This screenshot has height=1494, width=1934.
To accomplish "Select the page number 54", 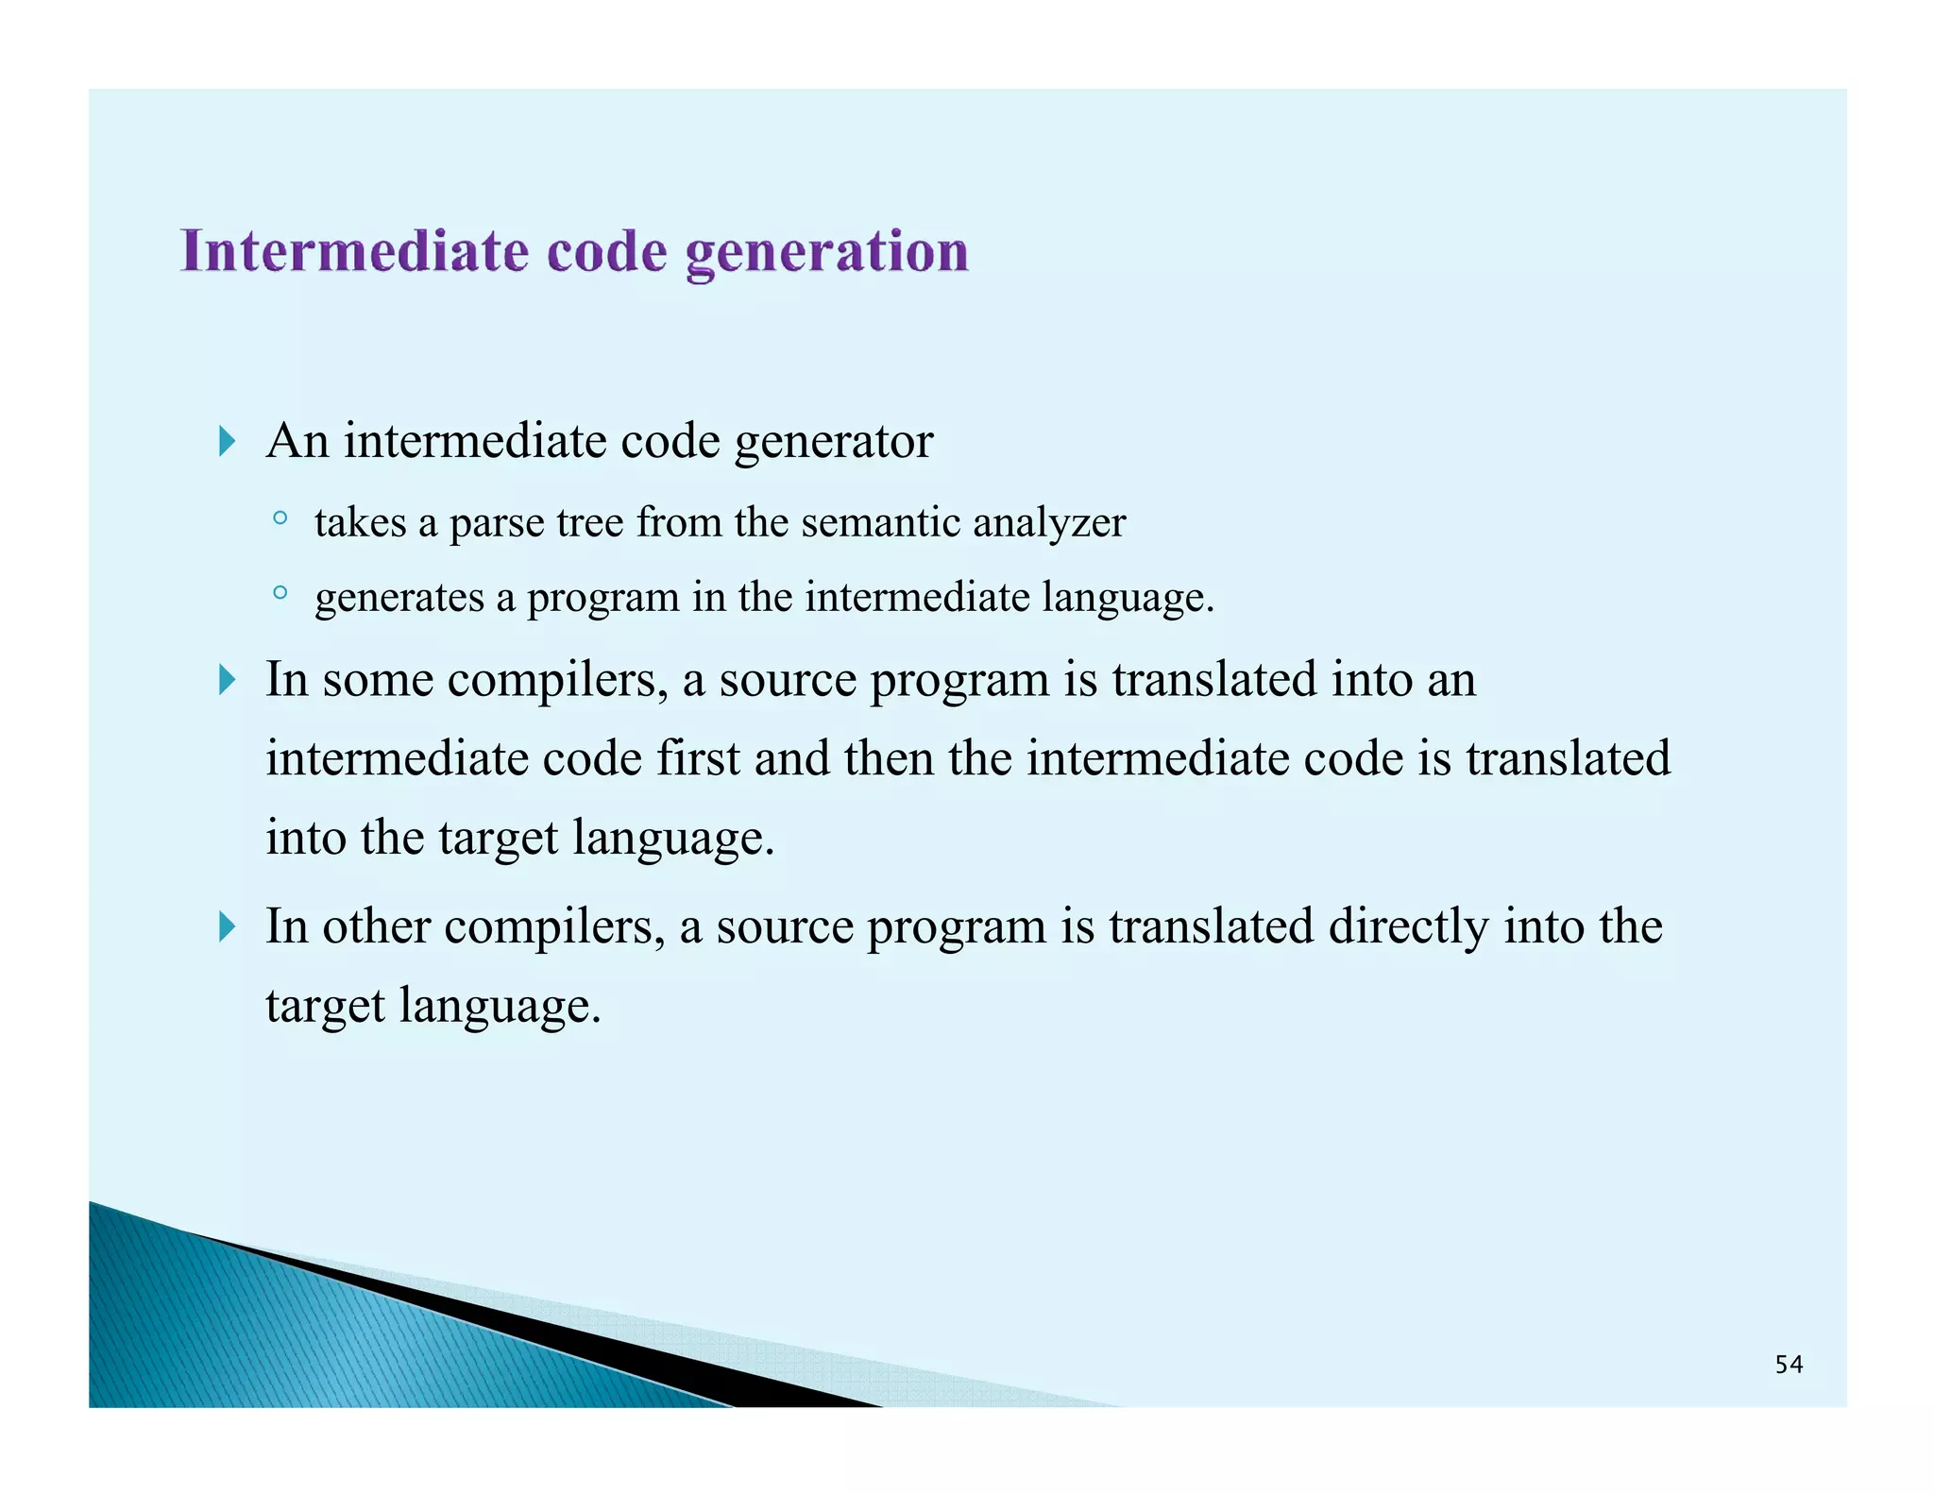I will (1788, 1365).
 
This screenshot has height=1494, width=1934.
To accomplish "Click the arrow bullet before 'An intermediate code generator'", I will (227, 441).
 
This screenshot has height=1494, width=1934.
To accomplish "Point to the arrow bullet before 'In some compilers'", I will (227, 679).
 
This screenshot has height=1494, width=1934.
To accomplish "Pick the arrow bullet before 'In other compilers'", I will (227, 926).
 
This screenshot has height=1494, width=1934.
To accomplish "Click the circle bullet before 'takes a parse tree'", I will (280, 518).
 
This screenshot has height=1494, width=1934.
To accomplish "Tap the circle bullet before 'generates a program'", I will (280, 593).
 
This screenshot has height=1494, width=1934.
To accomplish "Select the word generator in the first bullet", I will (834, 442).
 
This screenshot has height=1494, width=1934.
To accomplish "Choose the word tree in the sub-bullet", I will (590, 522).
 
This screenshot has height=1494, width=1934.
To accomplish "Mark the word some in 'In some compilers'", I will (378, 680).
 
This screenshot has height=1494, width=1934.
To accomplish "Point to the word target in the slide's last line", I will (325, 1006).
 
